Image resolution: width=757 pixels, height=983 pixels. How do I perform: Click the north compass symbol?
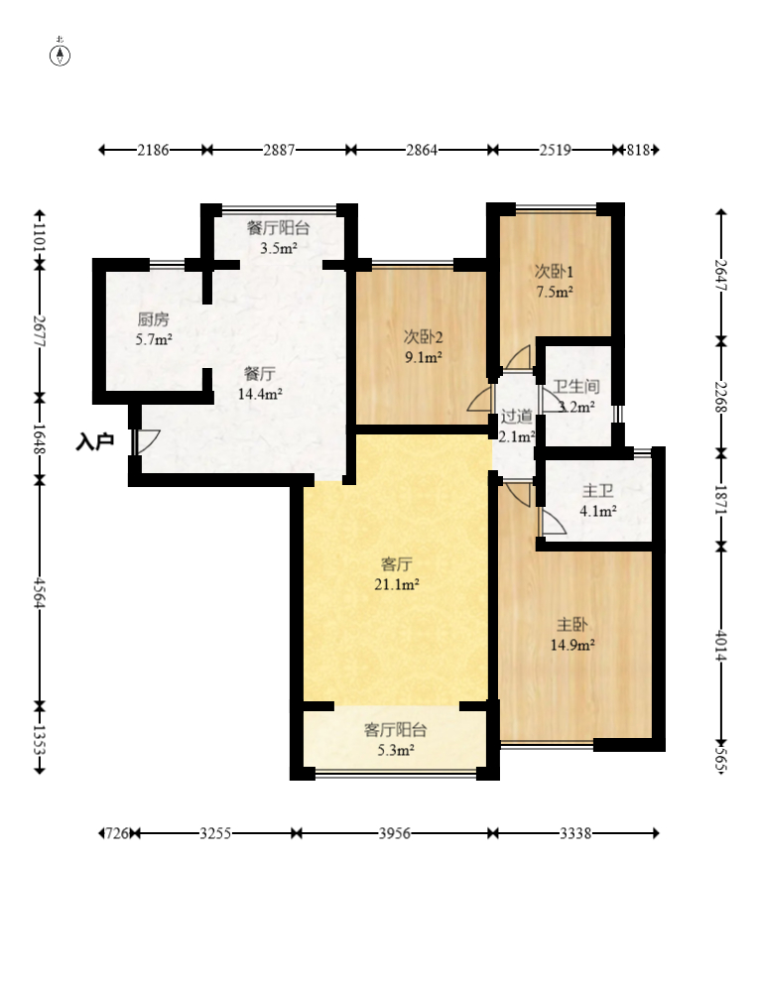pos(61,56)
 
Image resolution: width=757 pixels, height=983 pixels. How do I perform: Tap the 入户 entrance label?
pos(94,441)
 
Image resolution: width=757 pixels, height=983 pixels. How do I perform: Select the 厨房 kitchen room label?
pos(154,319)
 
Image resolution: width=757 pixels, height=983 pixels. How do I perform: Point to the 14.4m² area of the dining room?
pos(260,395)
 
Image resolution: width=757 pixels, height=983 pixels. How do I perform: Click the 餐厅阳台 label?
pos(279,227)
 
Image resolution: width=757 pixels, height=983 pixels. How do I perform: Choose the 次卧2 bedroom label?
pos(424,337)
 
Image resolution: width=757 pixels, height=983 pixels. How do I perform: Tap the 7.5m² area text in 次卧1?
pos(555,292)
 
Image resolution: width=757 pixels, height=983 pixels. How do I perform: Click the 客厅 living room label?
pos(397,564)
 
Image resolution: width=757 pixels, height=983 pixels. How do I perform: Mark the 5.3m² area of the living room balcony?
pos(396,750)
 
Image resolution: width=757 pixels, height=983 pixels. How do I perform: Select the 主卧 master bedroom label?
pos(572,624)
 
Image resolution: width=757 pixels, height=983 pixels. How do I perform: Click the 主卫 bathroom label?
pos(597,491)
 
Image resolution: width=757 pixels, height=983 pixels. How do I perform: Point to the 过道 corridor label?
pos(517,417)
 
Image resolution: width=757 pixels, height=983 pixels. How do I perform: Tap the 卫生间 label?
pos(576,387)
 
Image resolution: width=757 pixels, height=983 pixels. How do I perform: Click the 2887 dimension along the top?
pos(279,150)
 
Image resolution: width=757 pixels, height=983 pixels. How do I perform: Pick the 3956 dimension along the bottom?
pos(395,833)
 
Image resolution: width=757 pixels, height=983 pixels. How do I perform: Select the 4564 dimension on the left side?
pos(40,592)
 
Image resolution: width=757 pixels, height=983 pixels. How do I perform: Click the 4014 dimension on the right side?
pos(721,645)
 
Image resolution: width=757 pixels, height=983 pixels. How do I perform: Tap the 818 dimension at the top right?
pos(639,150)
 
